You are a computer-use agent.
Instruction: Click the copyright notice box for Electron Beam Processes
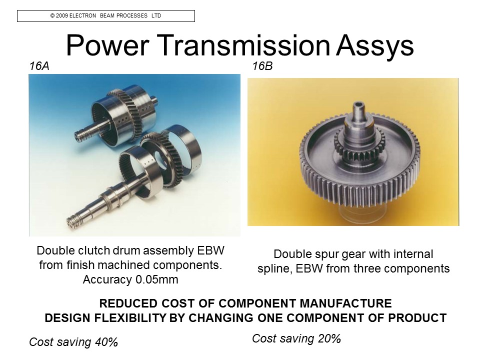point(106,16)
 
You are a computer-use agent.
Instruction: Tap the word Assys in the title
point(375,46)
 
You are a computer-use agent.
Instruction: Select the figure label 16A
point(39,66)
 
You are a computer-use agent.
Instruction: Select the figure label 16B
point(262,66)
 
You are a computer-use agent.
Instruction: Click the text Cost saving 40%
point(73,342)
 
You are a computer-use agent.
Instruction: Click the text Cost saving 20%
point(296,338)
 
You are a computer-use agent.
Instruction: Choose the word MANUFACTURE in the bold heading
point(345,303)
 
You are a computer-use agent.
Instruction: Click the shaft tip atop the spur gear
point(357,109)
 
